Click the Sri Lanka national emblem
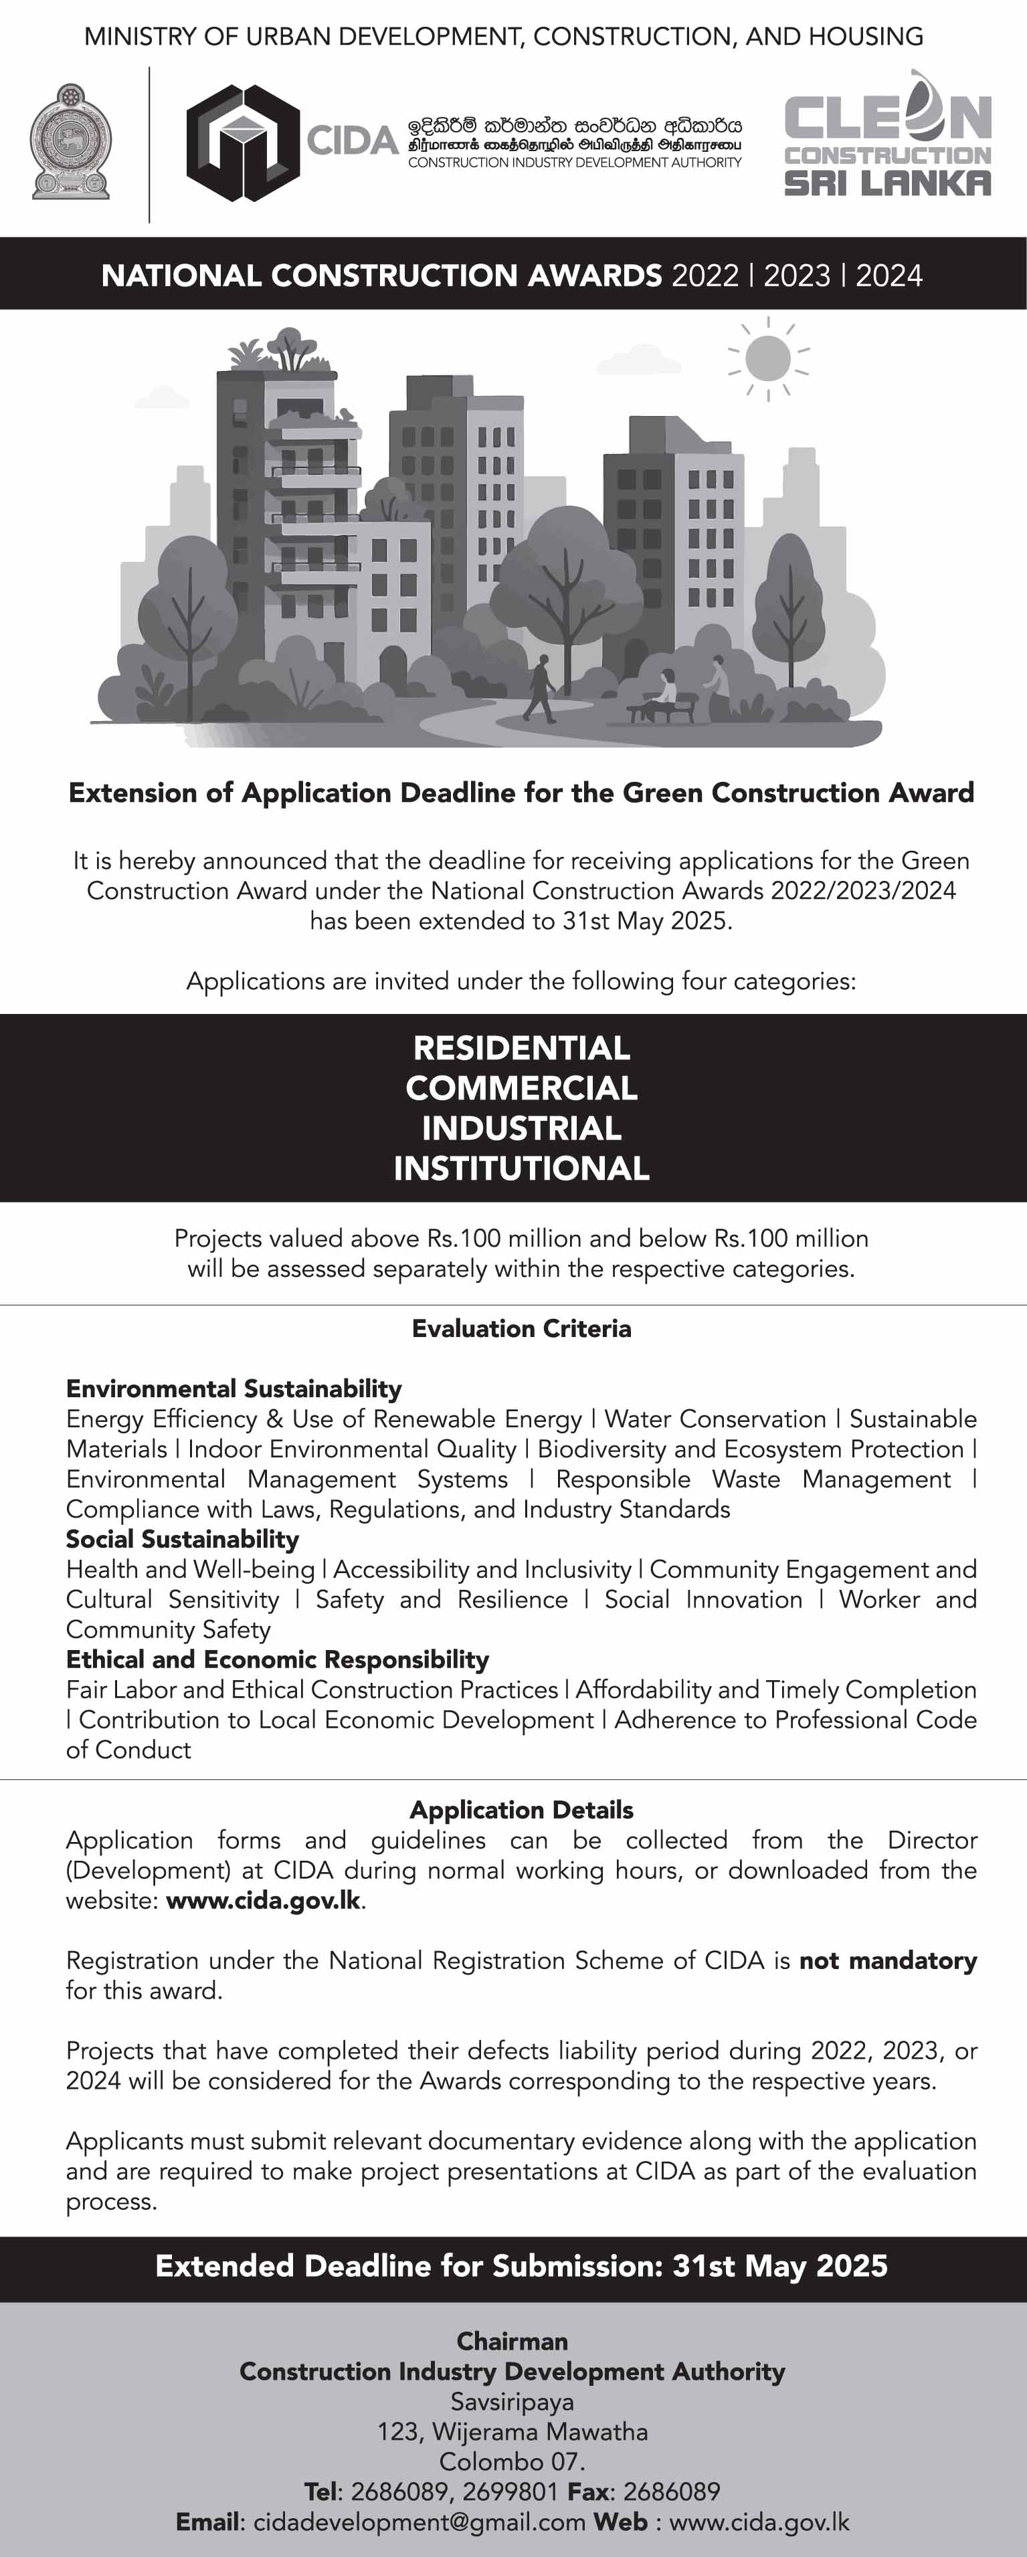[70, 142]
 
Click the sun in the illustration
[768, 357]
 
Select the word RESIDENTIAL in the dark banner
[521, 1048]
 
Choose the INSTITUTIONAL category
[521, 1168]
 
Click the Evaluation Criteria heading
[521, 1328]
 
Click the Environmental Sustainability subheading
[234, 1389]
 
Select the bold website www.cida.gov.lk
[263, 1900]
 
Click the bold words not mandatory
[888, 1960]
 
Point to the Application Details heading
[521, 1809]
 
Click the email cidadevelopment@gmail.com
[419, 2522]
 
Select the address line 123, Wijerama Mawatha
[512, 2432]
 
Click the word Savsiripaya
[512, 2401]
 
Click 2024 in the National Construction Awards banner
[889, 275]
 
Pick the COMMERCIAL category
[521, 1088]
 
